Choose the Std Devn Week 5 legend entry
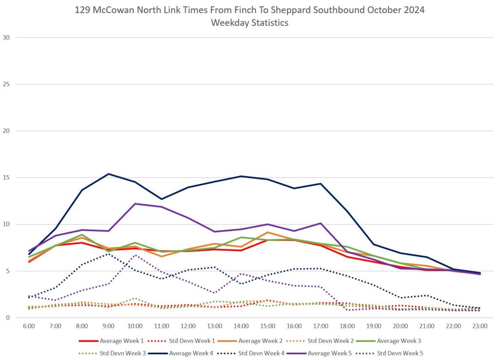[400, 353]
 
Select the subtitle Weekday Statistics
[249, 23]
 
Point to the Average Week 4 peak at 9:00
[108, 174]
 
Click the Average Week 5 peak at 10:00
[135, 204]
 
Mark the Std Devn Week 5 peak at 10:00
[135, 255]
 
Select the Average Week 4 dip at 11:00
[161, 199]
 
